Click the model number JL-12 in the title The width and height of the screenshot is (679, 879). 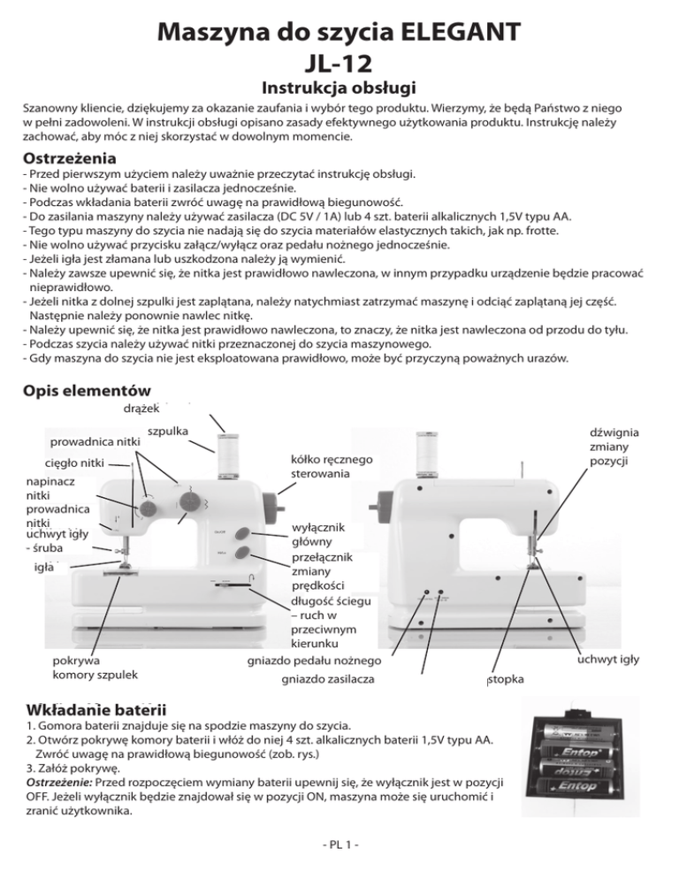click(339, 65)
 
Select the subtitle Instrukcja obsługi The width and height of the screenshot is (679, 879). click(339, 90)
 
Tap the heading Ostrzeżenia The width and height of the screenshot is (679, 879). click(69, 159)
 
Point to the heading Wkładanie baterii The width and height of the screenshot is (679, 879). click(96, 709)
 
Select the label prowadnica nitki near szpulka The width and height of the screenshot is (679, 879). click(96, 440)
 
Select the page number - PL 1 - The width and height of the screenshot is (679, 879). click(339, 854)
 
